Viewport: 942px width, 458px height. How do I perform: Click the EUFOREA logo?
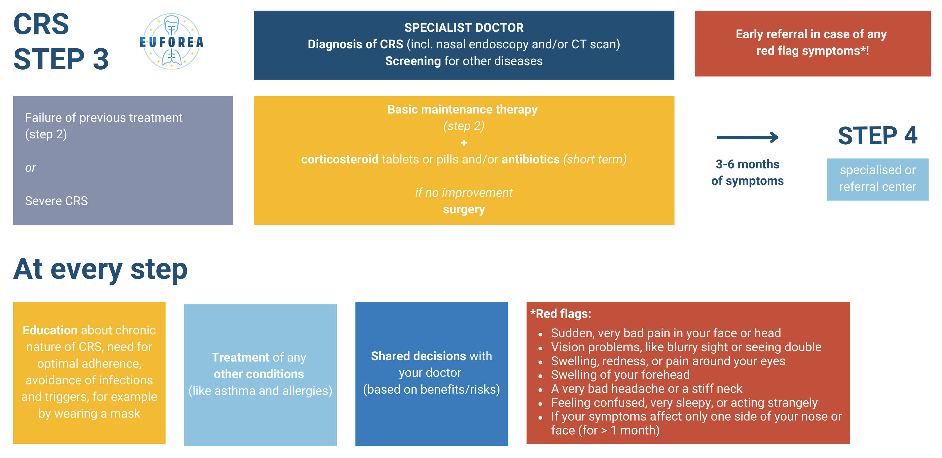point(172,41)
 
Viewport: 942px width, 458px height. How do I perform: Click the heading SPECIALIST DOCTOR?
point(464,27)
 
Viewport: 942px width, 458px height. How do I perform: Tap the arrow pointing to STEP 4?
point(747,137)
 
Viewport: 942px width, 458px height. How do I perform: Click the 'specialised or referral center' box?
point(878,179)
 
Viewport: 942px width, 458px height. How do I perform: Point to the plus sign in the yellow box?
point(464,143)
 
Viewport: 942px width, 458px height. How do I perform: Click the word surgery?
point(464,210)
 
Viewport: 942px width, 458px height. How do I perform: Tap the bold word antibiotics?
point(530,159)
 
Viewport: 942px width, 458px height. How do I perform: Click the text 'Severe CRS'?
point(56,201)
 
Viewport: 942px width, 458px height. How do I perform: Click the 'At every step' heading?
point(100,269)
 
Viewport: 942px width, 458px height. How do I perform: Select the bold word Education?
point(50,330)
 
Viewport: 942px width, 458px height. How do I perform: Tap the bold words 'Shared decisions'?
point(418,356)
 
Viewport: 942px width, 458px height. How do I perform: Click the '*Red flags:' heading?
point(561,314)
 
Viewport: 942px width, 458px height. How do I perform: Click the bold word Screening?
point(413,61)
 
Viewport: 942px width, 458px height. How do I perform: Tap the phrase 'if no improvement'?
point(464,193)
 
